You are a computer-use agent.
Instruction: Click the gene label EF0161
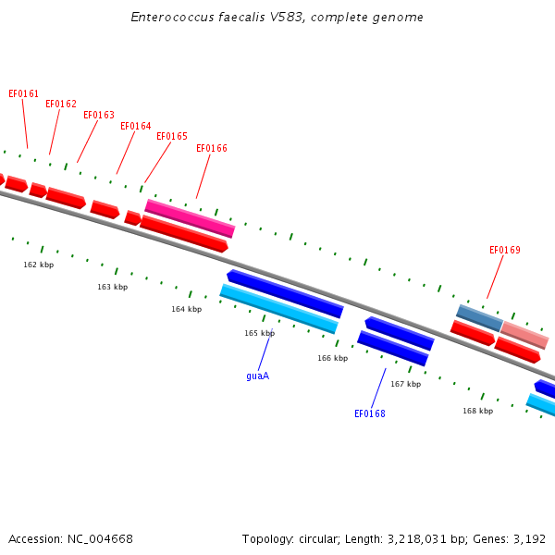[23, 93]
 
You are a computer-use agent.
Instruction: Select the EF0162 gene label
[61, 104]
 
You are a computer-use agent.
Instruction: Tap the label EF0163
[99, 115]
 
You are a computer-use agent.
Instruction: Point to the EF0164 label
[136, 126]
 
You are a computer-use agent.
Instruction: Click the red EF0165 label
[172, 136]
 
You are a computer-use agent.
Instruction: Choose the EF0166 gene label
[212, 148]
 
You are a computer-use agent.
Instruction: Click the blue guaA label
[258, 376]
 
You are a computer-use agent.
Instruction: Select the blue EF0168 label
[369, 413]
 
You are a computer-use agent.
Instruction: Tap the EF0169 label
[505, 251]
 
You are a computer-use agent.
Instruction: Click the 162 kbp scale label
[39, 265]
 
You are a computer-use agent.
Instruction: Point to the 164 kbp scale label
[187, 309]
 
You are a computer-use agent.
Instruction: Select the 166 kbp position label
[333, 358]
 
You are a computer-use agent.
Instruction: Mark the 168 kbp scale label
[478, 411]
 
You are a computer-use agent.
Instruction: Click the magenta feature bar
[190, 218]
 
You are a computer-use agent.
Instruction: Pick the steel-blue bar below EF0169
[479, 318]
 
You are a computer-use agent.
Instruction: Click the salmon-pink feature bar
[524, 335]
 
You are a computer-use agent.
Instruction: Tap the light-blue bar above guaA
[279, 309]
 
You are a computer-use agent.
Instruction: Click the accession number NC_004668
[100, 539]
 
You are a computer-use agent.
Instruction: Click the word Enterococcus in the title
[172, 17]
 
